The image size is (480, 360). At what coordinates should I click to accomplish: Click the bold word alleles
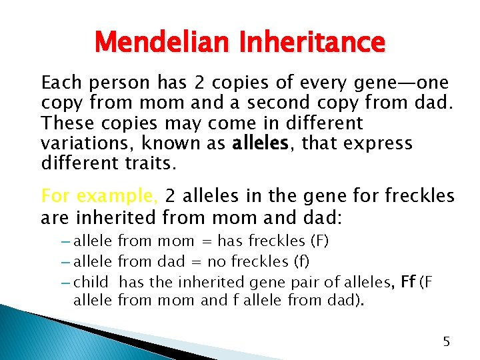click(259, 143)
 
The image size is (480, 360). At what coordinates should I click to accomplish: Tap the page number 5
click(447, 341)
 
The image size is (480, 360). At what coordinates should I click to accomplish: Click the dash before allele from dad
click(65, 261)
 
